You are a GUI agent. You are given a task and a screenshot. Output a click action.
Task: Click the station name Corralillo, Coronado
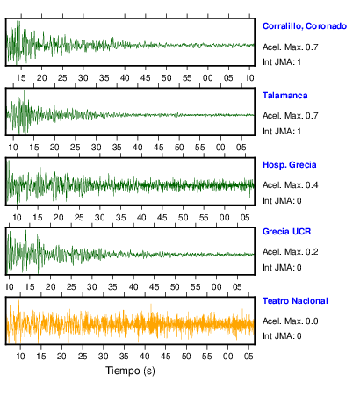point(305,26)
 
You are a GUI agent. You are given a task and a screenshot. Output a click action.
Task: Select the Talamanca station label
point(284,96)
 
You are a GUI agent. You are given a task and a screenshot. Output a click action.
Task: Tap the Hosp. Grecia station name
point(289,165)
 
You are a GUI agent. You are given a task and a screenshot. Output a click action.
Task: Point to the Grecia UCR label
point(286,232)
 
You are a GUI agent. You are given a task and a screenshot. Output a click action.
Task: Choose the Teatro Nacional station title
point(295,301)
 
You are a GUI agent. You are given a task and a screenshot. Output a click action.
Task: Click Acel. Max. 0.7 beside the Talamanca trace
point(290,116)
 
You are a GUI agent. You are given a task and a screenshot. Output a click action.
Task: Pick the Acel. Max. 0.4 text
point(290,185)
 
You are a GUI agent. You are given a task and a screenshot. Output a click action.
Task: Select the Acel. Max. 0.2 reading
point(290,252)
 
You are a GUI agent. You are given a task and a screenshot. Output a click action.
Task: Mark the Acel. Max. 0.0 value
point(290,321)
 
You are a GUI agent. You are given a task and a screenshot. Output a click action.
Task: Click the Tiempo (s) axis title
point(130,371)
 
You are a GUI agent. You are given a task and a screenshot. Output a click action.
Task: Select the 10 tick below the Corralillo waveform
point(249,78)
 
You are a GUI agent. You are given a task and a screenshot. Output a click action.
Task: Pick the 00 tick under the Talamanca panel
point(220,148)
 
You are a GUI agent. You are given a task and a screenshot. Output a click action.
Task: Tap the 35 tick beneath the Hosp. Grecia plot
point(120,218)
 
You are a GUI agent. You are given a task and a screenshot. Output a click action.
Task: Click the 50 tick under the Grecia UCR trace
point(175,287)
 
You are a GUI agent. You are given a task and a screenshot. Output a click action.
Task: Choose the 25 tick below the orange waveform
point(83,357)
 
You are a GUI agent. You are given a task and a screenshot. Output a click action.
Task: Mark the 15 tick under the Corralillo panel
point(21,78)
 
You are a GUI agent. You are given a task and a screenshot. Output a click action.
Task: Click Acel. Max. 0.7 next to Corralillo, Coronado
point(290,47)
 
